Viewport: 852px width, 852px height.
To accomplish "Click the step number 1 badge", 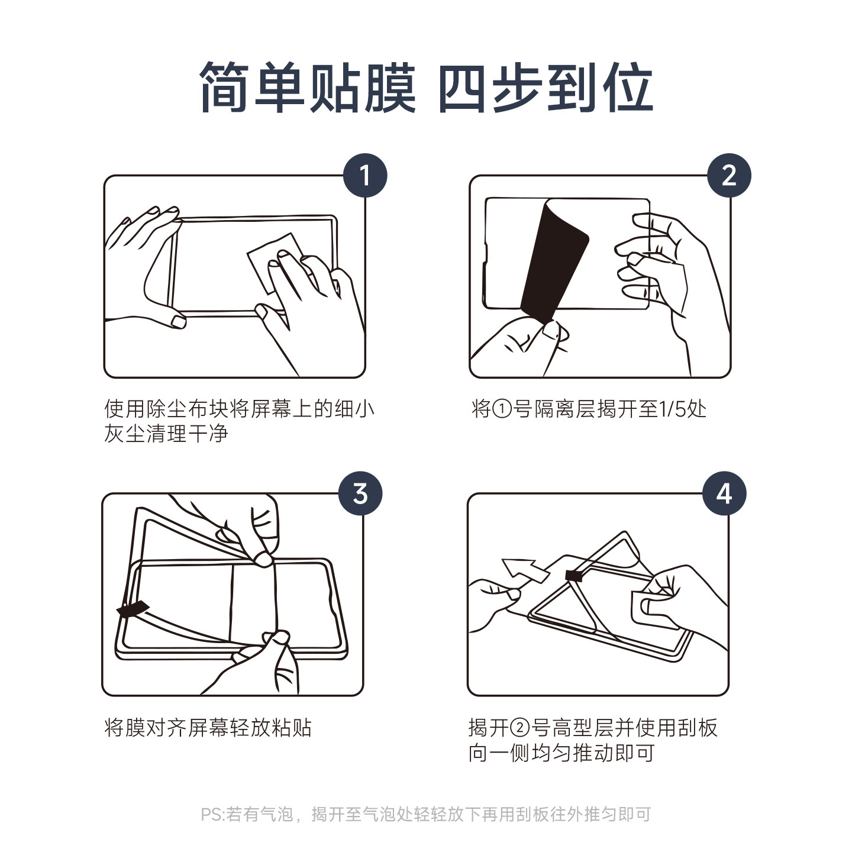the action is pyautogui.click(x=365, y=176).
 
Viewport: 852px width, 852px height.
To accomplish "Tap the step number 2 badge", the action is pyautogui.click(x=729, y=176).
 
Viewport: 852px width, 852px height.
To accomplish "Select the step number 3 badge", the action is pyautogui.click(x=360, y=493).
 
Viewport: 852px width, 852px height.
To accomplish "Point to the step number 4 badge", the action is pyautogui.click(x=725, y=493).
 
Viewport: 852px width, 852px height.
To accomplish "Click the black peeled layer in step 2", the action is pyautogui.click(x=555, y=262).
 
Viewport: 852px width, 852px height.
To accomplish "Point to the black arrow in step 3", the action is pyautogui.click(x=133, y=609).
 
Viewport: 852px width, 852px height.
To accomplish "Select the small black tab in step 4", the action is pyautogui.click(x=574, y=575).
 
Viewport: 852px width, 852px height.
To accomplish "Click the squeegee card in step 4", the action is pyautogui.click(x=654, y=609).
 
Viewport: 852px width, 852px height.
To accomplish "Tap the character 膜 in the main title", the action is pyautogui.click(x=389, y=86).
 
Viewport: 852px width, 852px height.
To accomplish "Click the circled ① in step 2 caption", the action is pyautogui.click(x=502, y=409).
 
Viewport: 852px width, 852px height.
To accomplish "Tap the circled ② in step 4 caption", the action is pyautogui.click(x=520, y=728).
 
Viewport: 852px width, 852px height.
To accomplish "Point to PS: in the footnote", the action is pyautogui.click(x=214, y=814).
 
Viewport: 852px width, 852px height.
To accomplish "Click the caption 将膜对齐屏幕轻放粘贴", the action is pyautogui.click(x=208, y=728).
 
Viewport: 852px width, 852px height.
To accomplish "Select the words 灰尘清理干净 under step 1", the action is pyautogui.click(x=166, y=434).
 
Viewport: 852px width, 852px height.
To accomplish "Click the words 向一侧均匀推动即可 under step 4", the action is pyautogui.click(x=561, y=753).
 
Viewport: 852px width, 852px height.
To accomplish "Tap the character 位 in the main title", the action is pyautogui.click(x=628, y=86).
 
